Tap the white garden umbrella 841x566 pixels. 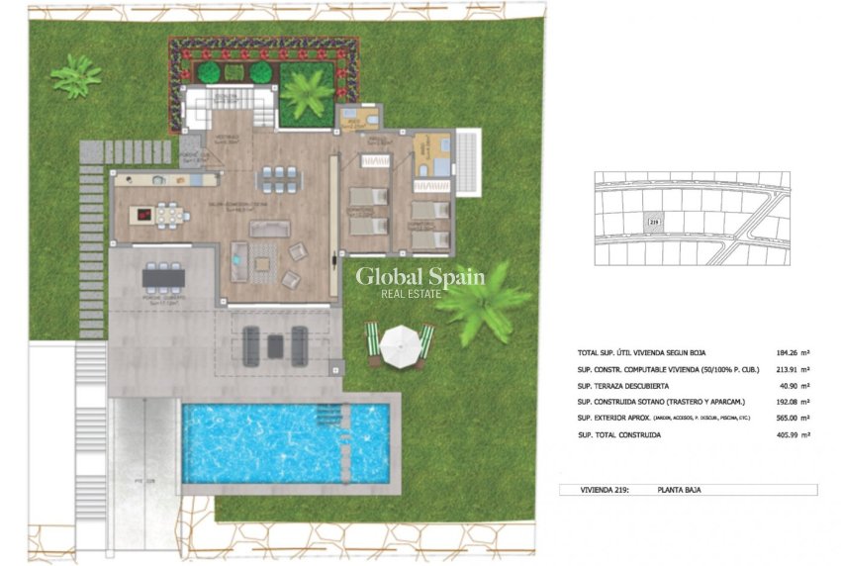[400, 344]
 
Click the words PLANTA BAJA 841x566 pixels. [679, 490]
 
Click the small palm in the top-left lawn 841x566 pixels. [76, 75]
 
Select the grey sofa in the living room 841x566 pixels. [269, 229]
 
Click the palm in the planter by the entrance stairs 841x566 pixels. [306, 94]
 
